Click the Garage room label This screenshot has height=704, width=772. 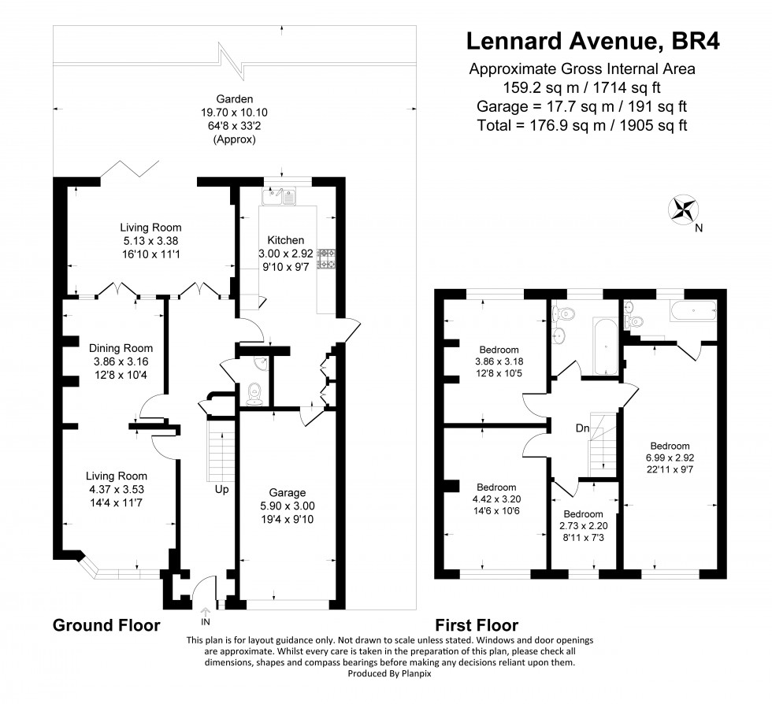pyautogui.click(x=287, y=492)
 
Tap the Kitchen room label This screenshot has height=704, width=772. pyautogui.click(x=285, y=240)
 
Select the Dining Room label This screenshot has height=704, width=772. pyautogui.click(x=121, y=348)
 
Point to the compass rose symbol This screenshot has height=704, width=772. pyautogui.click(x=684, y=209)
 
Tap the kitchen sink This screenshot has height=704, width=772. pyautogui.click(x=279, y=196)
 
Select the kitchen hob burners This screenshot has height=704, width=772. pyautogui.click(x=327, y=259)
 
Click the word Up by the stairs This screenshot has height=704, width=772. pyautogui.click(x=221, y=490)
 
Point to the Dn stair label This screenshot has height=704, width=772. pyautogui.click(x=582, y=428)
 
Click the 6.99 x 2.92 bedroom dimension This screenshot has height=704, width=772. pyautogui.click(x=670, y=458)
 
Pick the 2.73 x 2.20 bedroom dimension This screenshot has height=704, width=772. pyautogui.click(x=584, y=525)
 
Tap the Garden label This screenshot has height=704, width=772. pyautogui.click(x=235, y=99)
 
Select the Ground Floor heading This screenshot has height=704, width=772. pyautogui.click(x=106, y=625)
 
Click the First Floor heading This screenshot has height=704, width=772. pyautogui.click(x=477, y=625)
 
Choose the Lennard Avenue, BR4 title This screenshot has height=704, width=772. pyautogui.click(x=593, y=41)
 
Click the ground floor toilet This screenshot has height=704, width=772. pyautogui.click(x=254, y=394)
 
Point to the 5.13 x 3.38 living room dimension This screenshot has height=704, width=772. pyautogui.click(x=150, y=241)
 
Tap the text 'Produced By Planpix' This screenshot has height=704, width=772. pyautogui.click(x=389, y=673)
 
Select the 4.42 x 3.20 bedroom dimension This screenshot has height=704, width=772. pyautogui.click(x=496, y=499)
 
